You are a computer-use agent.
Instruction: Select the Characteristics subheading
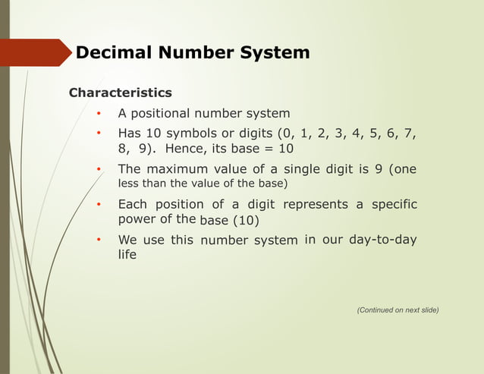pos(121,93)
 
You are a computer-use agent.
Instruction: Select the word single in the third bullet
pos(300,169)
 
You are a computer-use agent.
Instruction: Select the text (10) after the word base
pos(245,221)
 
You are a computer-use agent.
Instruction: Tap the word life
pos(127,255)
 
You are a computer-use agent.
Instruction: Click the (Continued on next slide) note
pos(398,310)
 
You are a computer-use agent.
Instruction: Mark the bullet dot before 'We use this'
pos(99,240)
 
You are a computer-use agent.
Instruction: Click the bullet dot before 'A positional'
pos(99,114)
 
